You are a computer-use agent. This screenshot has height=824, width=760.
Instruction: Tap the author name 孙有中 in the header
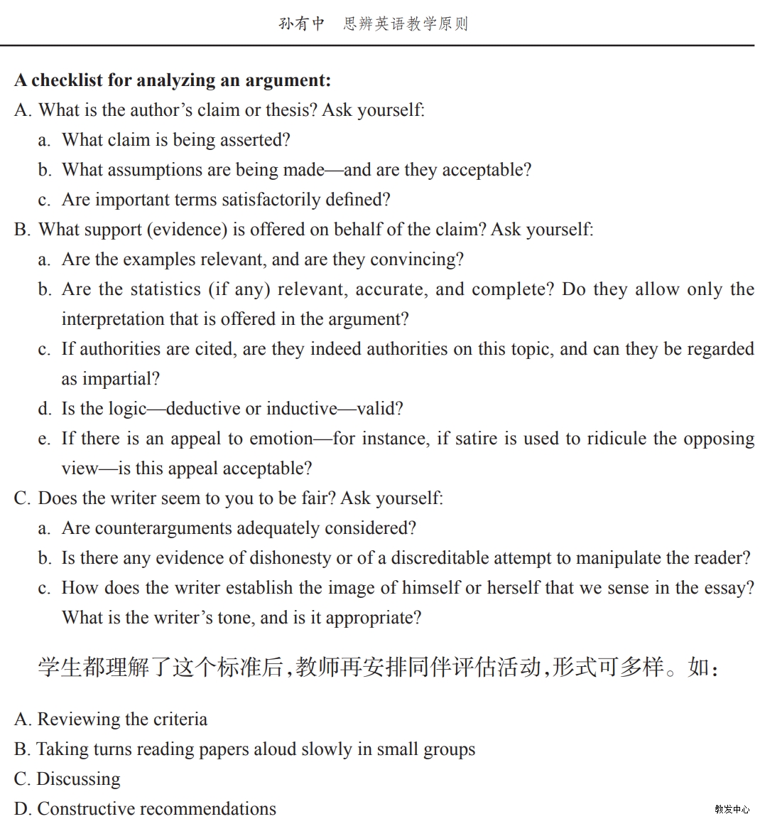click(301, 23)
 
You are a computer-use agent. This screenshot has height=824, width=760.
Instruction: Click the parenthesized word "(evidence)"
click(188, 230)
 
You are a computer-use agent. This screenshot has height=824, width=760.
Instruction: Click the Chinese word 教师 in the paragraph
click(317, 668)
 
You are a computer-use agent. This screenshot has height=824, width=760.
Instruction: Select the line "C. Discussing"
click(67, 779)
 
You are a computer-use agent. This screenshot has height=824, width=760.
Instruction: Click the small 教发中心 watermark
click(732, 809)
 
